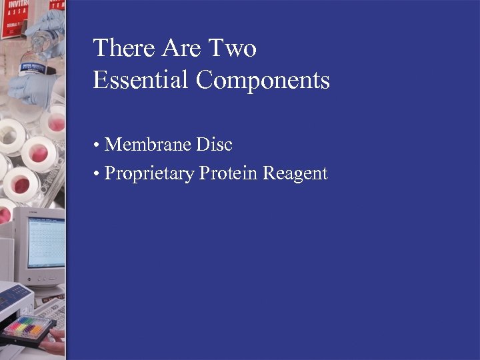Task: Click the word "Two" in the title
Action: (233, 48)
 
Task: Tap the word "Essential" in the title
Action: (141, 80)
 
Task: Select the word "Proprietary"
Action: (150, 174)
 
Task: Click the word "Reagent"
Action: (295, 175)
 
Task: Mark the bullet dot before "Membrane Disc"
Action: (97, 145)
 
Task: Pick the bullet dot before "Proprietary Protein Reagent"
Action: (97, 175)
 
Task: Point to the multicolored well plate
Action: (28, 327)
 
